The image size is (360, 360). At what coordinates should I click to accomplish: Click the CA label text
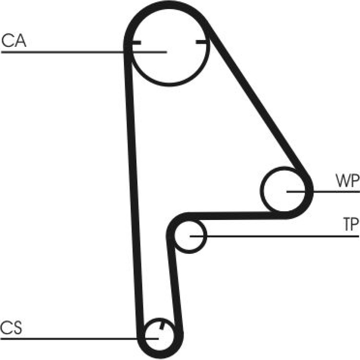coord(14,40)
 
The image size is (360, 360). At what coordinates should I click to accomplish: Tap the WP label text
coord(347,181)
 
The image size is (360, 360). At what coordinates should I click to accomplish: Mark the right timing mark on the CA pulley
coord(202,42)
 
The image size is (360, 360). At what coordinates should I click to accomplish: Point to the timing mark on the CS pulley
coord(162,325)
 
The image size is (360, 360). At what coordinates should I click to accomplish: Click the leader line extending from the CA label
coord(84,52)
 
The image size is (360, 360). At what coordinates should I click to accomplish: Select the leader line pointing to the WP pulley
coord(323,191)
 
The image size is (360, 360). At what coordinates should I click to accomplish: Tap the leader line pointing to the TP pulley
coord(274,236)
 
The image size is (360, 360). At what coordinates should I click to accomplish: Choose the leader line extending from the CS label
coord(80,338)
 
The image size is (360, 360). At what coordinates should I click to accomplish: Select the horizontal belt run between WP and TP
coord(234,216)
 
